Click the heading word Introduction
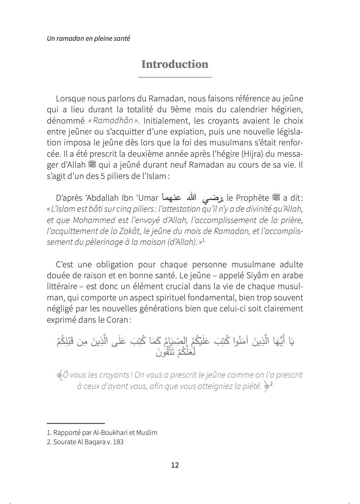(x=175, y=64)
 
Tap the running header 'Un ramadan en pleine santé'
(x=88, y=39)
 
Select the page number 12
(x=175, y=465)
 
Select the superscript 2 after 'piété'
(x=271, y=384)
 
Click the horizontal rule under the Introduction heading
(x=175, y=77)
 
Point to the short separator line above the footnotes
(x=75, y=423)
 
